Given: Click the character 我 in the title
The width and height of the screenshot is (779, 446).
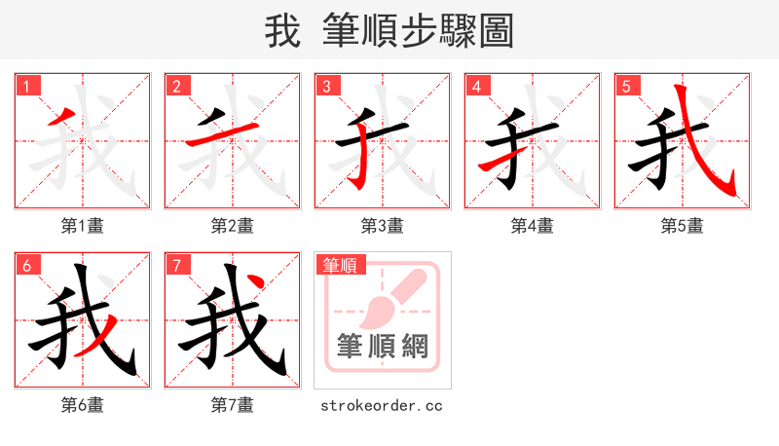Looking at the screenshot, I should point(282,31).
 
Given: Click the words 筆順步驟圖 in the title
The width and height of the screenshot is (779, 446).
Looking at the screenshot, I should point(420,31).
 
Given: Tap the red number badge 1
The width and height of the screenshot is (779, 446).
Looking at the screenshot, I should point(27,86).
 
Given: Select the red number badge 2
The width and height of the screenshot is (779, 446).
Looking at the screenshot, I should point(177,86).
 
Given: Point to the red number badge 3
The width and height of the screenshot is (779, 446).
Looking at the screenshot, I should point(327,86).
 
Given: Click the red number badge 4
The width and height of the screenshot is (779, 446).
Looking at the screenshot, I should point(477,86).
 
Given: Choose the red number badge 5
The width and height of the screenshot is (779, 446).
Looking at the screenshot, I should point(627,86).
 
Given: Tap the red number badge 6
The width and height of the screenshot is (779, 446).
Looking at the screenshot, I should point(27,265).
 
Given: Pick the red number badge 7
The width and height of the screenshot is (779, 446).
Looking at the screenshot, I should point(177,265).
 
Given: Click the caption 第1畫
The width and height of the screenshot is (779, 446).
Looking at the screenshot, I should point(83,226).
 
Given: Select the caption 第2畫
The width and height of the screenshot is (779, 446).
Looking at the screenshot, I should point(233,226).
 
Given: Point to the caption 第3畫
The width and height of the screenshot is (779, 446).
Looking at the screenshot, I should point(383,226).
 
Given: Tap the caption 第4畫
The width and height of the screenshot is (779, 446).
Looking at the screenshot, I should point(533,226).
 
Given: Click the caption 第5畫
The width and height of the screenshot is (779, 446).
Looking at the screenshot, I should point(683,226).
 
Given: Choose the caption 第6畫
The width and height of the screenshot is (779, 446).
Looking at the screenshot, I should point(83,405).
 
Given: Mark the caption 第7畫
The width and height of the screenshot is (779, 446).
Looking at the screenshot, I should point(233,405).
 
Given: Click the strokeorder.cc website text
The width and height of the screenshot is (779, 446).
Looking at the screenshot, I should point(382,405).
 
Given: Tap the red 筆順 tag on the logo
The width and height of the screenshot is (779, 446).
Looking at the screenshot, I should point(340,265).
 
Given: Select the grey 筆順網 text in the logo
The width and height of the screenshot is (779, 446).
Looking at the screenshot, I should point(383,347).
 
